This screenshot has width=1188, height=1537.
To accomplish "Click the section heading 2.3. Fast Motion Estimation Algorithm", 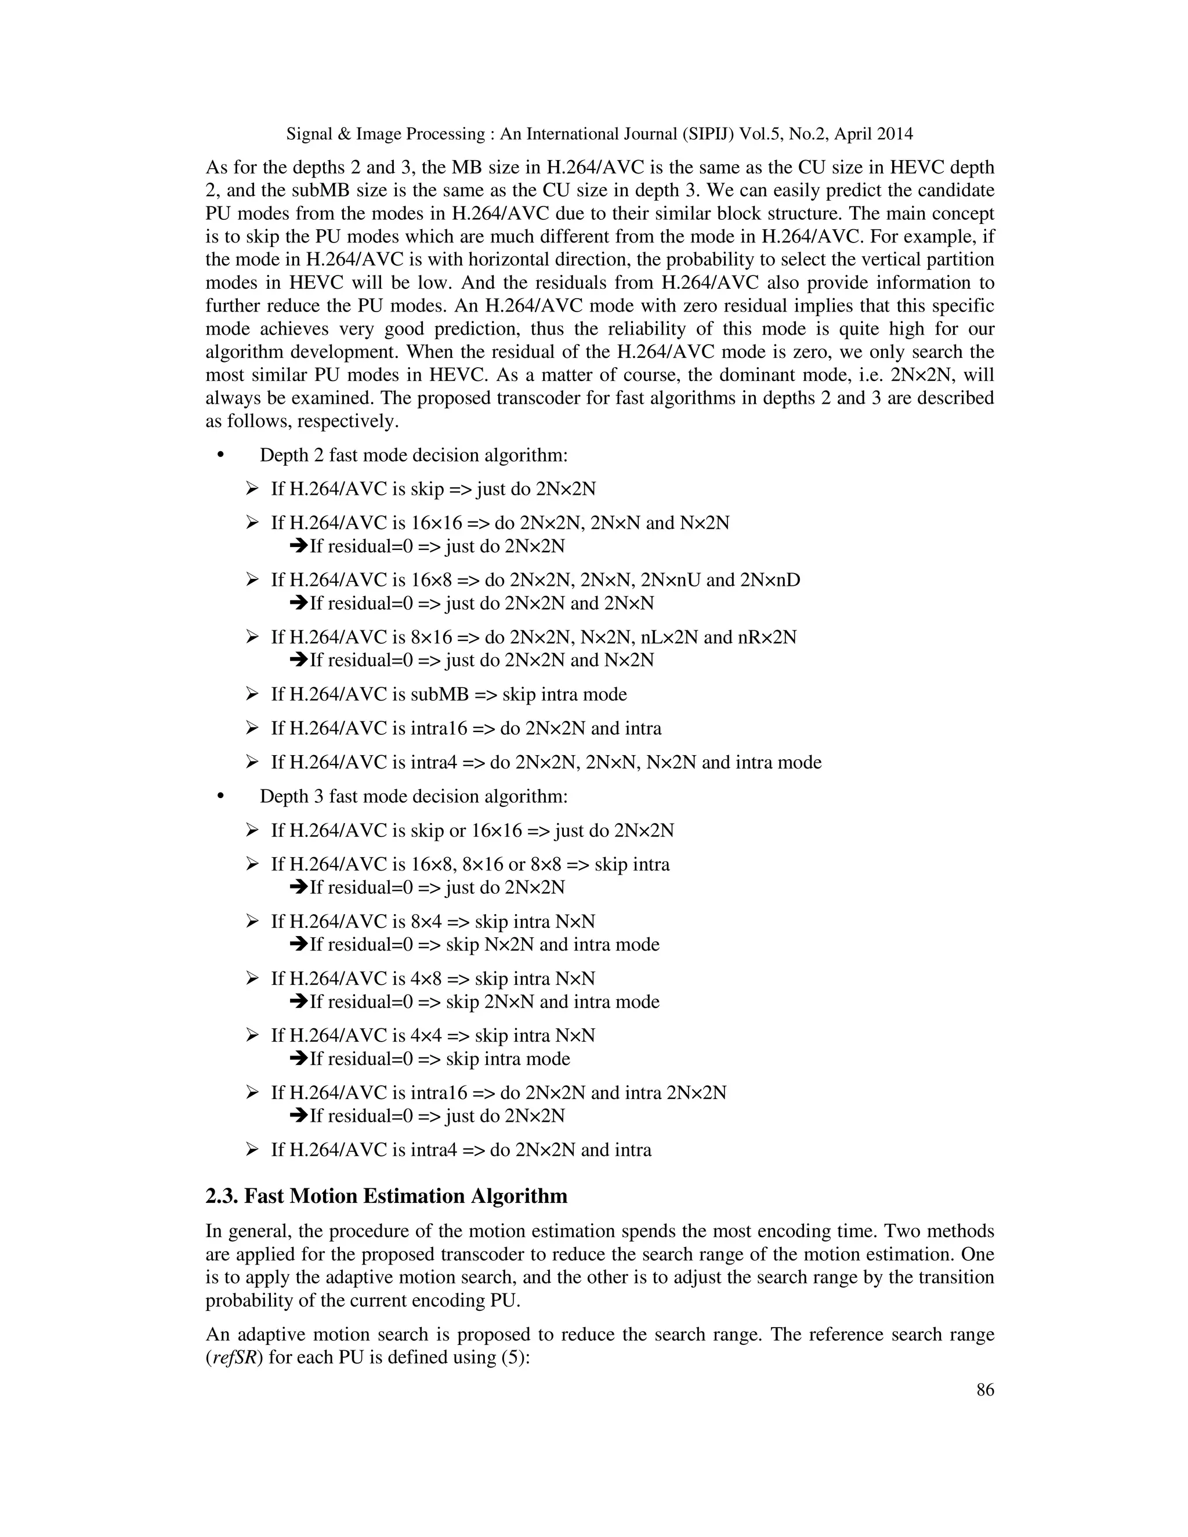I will pyautogui.click(x=386, y=1196).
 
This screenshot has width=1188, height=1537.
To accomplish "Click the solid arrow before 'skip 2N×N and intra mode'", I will pyautogui.click(x=298, y=1002).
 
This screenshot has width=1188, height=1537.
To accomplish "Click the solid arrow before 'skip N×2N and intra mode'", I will pyautogui.click(x=298, y=944).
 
